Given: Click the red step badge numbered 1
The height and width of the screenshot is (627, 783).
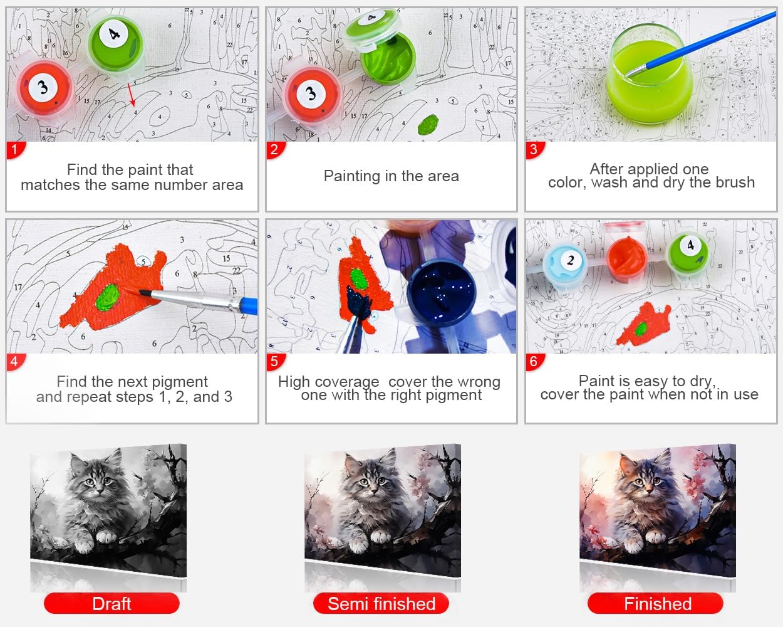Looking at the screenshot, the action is pos(15,150).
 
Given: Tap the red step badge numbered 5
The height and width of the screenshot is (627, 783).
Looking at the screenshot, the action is pos(275,362).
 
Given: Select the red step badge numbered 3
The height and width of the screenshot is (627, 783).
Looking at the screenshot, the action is pos(534,150).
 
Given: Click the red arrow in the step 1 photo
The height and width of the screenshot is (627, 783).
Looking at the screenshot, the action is pos(132,94).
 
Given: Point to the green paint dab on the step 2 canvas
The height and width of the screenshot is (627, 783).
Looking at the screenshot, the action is pos(428,124).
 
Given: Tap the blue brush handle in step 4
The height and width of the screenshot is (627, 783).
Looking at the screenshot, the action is pos(247,306).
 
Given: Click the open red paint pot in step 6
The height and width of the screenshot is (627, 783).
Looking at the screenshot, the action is pos(626,256).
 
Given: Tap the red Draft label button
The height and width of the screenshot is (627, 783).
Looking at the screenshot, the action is pos(111,604).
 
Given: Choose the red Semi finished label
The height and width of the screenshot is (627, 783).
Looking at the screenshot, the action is pos(381,604).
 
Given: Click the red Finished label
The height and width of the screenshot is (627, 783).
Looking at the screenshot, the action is pos(656,604).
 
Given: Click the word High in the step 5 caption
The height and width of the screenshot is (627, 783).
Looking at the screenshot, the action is pos(294,382).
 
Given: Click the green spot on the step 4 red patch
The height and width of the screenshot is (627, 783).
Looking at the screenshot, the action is pos(107,298).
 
